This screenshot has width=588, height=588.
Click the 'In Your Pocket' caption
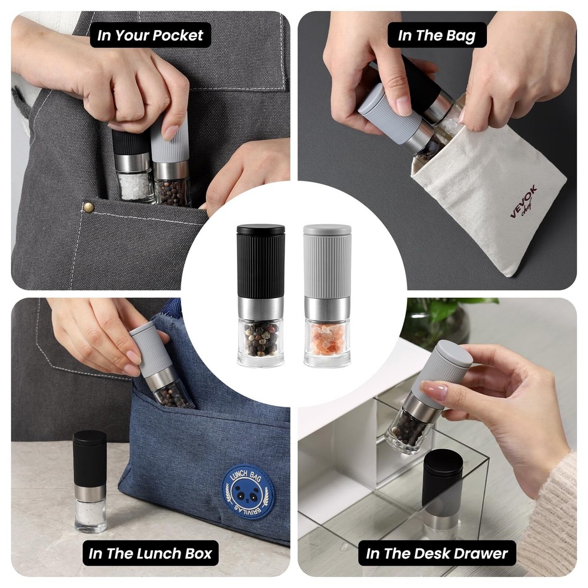click(x=150, y=35)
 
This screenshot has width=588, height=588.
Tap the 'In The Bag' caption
click(x=437, y=35)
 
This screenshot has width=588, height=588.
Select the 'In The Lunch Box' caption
click(x=150, y=553)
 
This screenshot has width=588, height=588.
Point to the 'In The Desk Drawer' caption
click(x=437, y=553)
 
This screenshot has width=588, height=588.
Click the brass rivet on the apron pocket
click(x=89, y=206)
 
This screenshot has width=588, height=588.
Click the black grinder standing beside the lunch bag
click(x=90, y=479)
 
